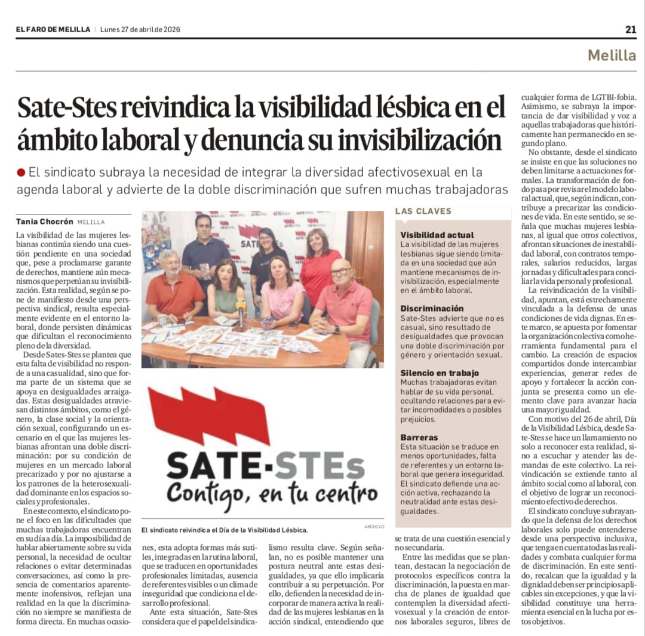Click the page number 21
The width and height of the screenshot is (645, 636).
pos(631,29)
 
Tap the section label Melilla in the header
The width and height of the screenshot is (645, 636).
pos(612,56)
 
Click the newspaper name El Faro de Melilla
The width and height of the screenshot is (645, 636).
pos(53,29)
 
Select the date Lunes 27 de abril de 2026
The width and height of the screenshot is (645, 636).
pos(140,29)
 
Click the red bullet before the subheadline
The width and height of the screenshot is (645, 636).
pos(21,173)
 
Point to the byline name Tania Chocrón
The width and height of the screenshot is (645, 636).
pos(45,221)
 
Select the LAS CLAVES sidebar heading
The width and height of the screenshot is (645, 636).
pos(423,211)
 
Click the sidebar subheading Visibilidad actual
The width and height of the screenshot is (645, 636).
pos(437,235)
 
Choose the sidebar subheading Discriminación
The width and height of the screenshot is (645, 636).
pos(432,308)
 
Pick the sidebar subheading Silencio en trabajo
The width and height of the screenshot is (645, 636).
pos(440,373)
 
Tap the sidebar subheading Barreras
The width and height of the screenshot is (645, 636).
pos(419,437)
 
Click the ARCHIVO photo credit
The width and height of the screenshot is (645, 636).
pos(374,526)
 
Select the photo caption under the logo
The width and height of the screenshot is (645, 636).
pos(225,530)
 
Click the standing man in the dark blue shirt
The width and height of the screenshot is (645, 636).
pos(204,251)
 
